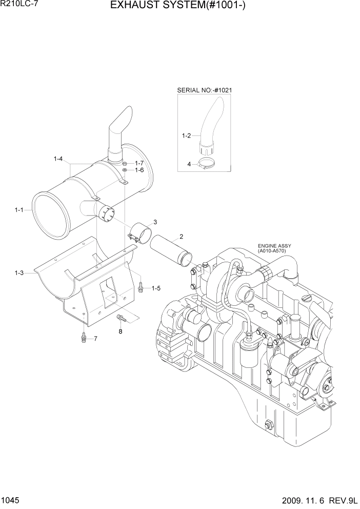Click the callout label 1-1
tap(19, 209)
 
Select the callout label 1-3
tap(19, 273)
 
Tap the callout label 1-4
tap(58, 160)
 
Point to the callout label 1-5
tap(156, 288)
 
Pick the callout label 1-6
tap(139, 170)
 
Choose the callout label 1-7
tap(139, 163)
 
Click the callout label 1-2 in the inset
tap(186, 136)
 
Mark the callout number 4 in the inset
tap(189, 164)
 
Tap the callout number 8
tap(121, 331)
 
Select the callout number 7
tap(95, 339)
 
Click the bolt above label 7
tap(84, 337)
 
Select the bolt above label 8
tap(121, 319)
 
